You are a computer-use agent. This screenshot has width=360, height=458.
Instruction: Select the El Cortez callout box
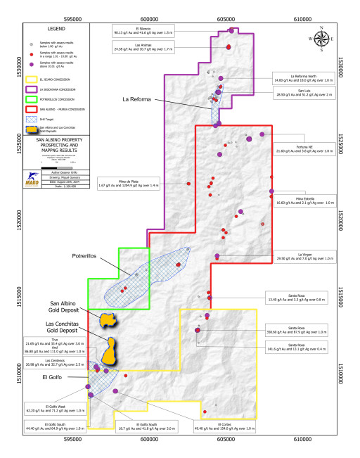point(229,426)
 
